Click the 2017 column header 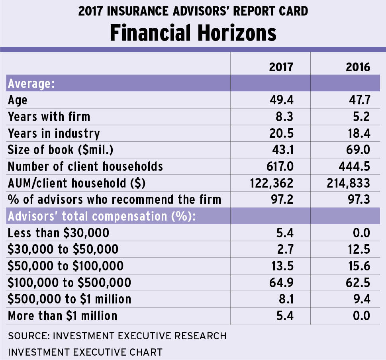pyautogui.click(x=281, y=67)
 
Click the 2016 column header pyautogui.click(x=358, y=67)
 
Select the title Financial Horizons pyautogui.click(x=193, y=33)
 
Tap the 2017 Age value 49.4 pyautogui.click(x=281, y=100)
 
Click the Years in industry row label pyautogui.click(x=54, y=133)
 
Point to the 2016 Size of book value pyautogui.click(x=359, y=149)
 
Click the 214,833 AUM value pyautogui.click(x=347, y=183)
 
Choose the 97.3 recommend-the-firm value pyautogui.click(x=359, y=199)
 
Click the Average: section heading pyautogui.click(x=31, y=84)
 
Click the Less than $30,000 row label pyautogui.click(x=59, y=233)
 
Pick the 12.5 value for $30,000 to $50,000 pyautogui.click(x=359, y=249)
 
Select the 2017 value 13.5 pyautogui.click(x=281, y=266)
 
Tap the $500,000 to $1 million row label pyautogui.click(x=69, y=299)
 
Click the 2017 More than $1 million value pyautogui.click(x=284, y=316)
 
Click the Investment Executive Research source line pyautogui.click(x=117, y=336)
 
